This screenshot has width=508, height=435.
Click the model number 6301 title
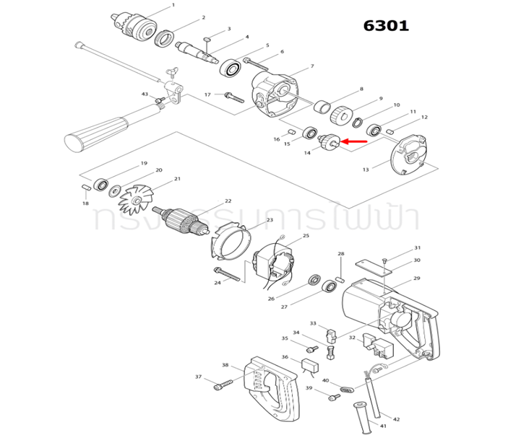pos(386,26)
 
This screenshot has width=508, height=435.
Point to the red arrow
pos(353,142)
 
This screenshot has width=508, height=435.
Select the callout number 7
pos(311,66)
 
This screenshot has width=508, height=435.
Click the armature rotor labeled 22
pos(186,220)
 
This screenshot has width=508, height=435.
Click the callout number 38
pos(225,365)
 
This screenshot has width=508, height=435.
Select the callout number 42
pos(396,419)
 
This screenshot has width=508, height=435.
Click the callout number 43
pos(145,95)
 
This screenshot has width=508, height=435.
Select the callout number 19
pos(144,164)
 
